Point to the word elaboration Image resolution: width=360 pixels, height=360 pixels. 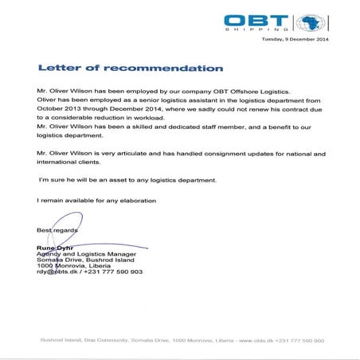(132, 200)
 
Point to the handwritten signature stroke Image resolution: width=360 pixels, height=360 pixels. (112, 242)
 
